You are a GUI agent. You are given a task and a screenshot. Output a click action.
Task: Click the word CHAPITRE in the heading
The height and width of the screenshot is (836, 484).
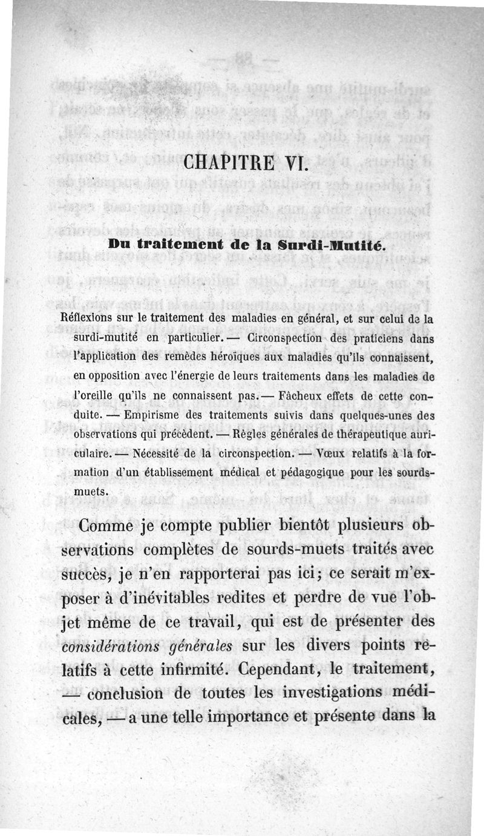[x=224, y=163]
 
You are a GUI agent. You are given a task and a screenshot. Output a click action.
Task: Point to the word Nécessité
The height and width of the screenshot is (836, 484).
[x=150, y=455]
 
